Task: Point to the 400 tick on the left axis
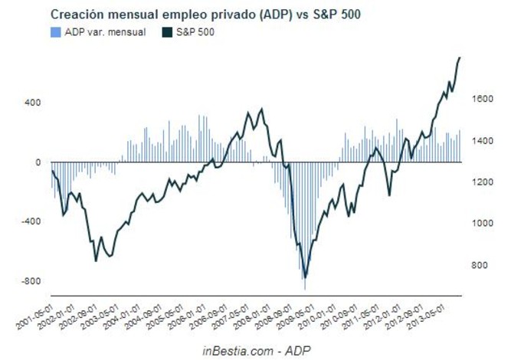(33, 103)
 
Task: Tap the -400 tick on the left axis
(31, 221)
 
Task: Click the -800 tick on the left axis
(31, 281)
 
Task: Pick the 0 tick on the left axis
(38, 162)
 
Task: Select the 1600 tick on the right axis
(480, 100)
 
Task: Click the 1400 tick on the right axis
(480, 141)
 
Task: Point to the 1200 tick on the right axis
(480, 182)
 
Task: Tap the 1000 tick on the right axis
(480, 224)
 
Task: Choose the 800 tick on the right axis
(478, 265)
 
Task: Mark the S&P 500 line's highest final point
(460, 57)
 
